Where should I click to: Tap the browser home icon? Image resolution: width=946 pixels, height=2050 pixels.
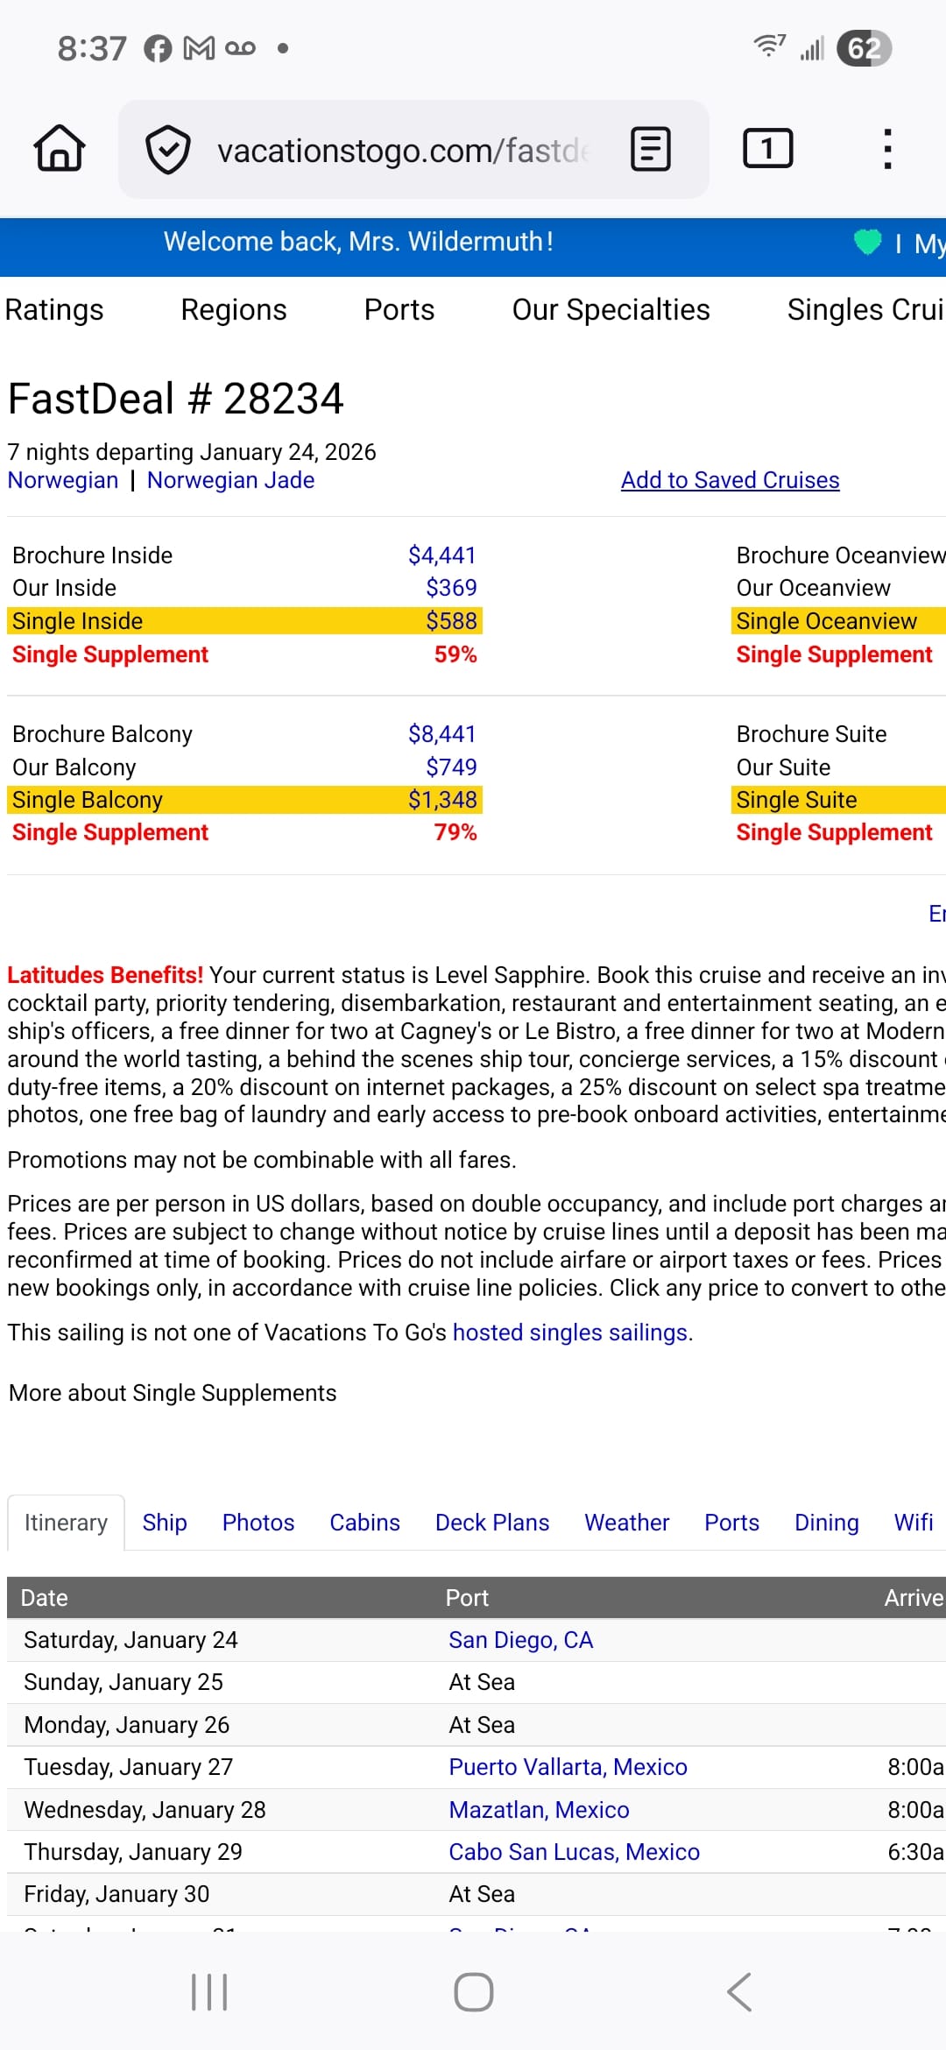point(60,148)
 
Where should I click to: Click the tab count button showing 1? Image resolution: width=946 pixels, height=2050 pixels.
point(767,148)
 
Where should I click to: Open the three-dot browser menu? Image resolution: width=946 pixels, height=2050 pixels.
point(887,148)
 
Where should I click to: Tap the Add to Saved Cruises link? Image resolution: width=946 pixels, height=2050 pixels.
point(730,480)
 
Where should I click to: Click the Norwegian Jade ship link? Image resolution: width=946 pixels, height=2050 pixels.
point(230,480)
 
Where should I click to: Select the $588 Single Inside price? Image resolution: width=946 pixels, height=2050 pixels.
point(451,621)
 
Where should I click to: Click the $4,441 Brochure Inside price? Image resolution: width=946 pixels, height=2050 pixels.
point(441,555)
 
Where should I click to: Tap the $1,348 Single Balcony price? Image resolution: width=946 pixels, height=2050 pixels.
point(442,800)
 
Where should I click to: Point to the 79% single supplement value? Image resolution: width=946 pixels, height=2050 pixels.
point(455,832)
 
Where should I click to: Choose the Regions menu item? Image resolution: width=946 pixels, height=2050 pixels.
point(234,310)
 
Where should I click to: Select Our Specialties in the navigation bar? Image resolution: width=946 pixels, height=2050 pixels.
point(611,310)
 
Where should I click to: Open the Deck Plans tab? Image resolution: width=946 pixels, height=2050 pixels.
point(492,1523)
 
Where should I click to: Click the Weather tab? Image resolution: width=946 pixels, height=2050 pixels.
point(626,1523)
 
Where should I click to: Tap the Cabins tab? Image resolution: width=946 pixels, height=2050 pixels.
point(364,1523)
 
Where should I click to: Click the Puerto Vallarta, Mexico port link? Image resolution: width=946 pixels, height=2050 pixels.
point(568,1767)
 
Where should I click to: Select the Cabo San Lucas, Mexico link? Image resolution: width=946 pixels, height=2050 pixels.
point(574,1852)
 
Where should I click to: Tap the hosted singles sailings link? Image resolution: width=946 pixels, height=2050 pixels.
point(569,1332)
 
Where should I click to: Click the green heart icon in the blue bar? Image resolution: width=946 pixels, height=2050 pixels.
point(867,242)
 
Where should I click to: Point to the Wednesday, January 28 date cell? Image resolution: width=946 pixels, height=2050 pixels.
point(145,1810)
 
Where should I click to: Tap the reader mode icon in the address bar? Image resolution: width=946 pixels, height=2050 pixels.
point(651,149)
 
